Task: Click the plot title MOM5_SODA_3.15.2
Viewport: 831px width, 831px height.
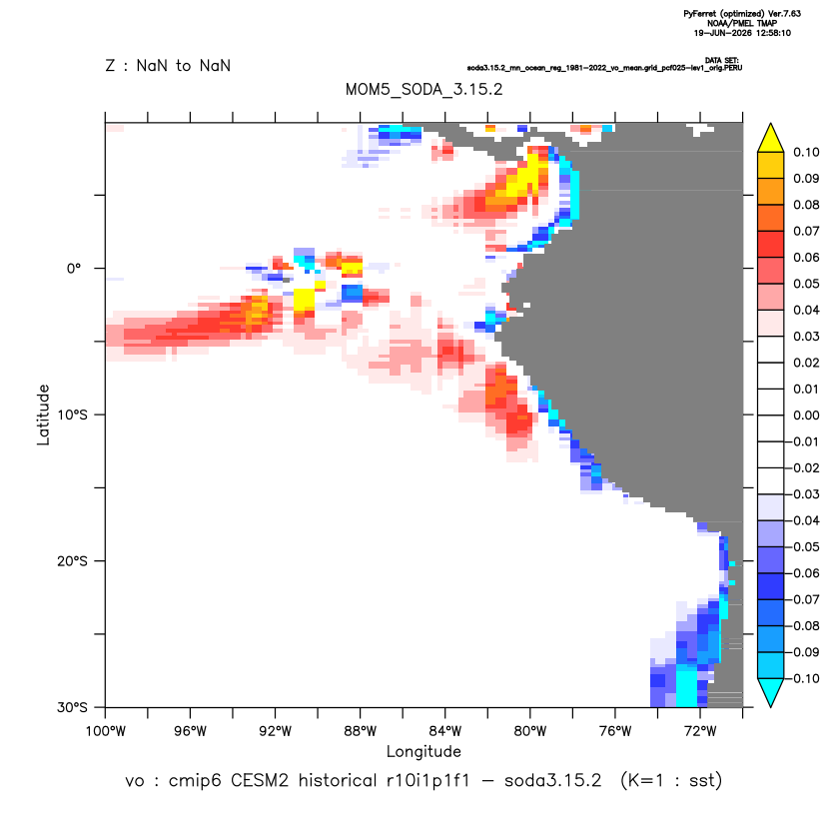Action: coord(423,89)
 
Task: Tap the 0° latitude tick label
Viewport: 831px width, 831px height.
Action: coord(74,268)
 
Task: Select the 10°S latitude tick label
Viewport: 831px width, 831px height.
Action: coord(72,415)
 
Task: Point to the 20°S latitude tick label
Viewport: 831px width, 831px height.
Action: coord(72,560)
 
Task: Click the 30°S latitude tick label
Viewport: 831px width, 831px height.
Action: coord(72,707)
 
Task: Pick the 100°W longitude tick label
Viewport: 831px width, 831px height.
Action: coord(106,731)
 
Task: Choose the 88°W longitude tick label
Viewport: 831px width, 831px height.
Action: coord(360,731)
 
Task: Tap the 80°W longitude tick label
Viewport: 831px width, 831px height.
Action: coord(530,731)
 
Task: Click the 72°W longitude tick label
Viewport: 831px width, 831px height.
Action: coord(700,731)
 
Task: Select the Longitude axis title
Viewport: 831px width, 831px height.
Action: coord(423,751)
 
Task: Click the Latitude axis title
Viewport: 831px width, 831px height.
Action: coord(43,415)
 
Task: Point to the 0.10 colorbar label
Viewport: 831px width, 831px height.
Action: coord(806,152)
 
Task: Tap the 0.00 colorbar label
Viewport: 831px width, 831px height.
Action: coord(806,415)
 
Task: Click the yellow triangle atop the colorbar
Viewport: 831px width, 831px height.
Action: coord(771,139)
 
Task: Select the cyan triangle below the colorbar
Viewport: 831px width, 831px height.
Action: coord(771,692)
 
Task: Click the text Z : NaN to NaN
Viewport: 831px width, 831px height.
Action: coord(168,66)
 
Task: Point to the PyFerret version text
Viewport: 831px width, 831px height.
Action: coord(742,14)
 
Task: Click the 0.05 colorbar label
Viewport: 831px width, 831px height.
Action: coord(806,284)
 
